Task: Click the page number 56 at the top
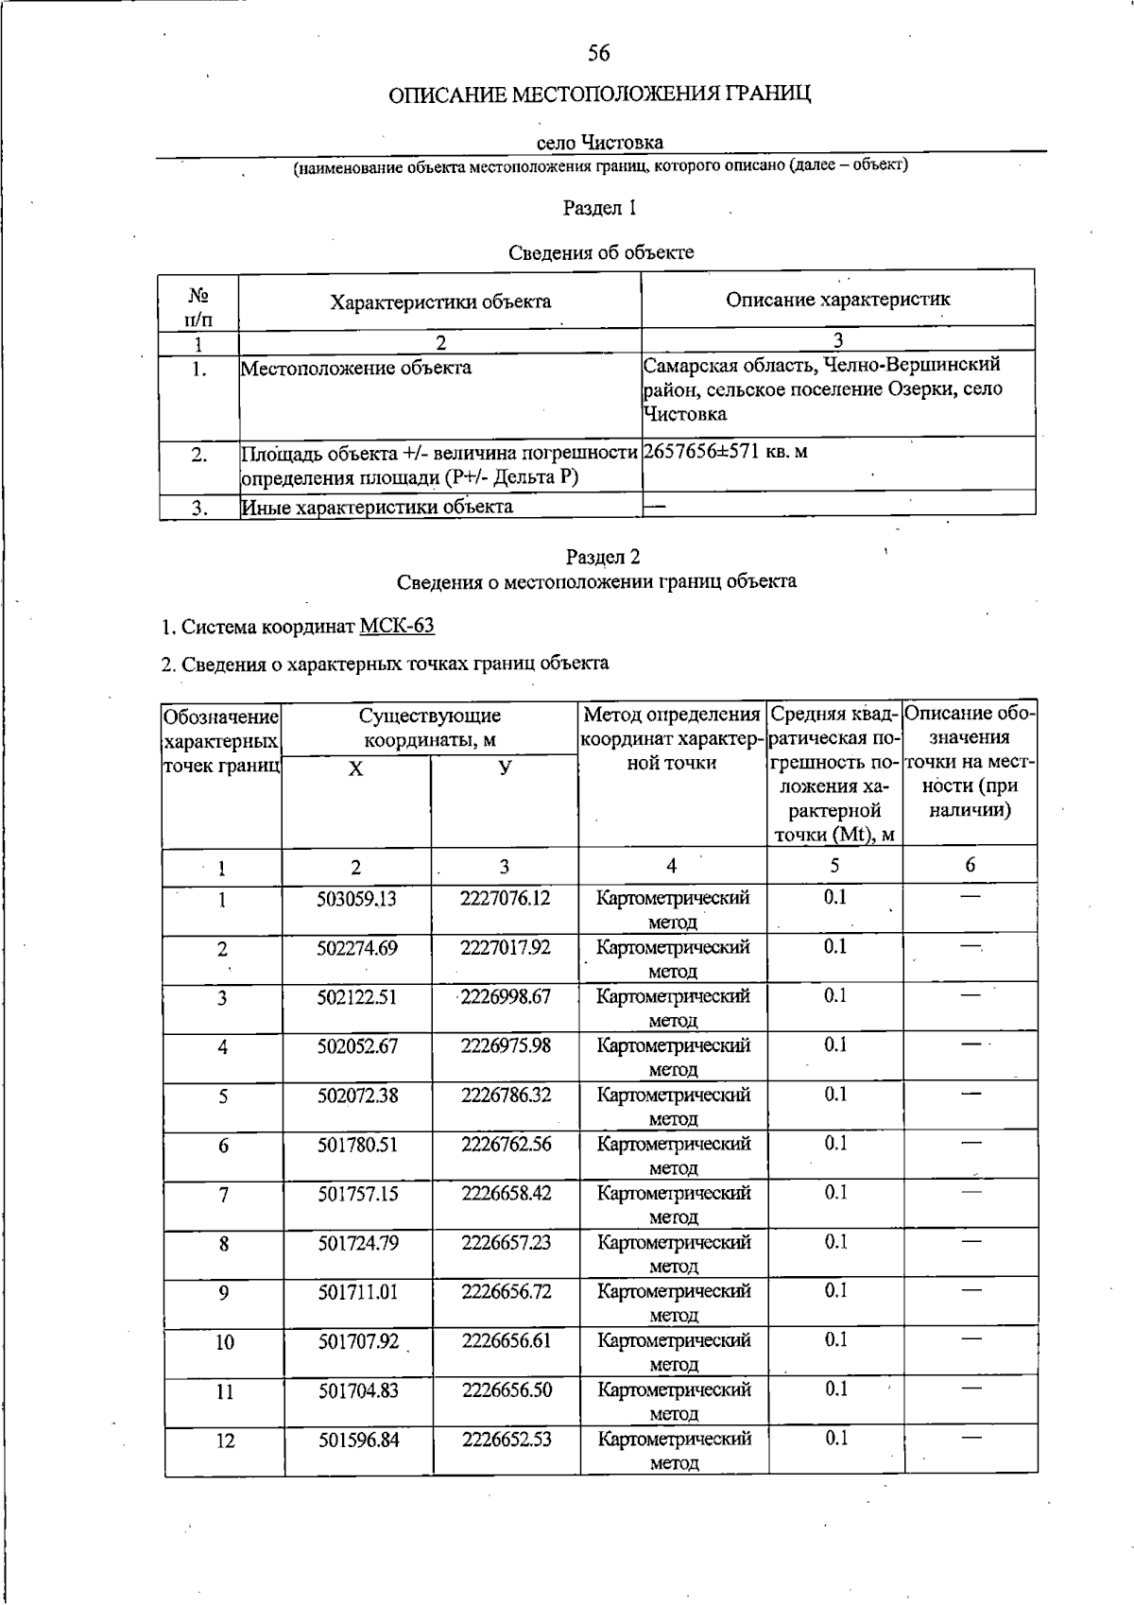pyautogui.click(x=599, y=54)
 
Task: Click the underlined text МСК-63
pyautogui.click(x=397, y=627)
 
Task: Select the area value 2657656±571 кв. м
pyautogui.click(x=726, y=452)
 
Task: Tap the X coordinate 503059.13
pyautogui.click(x=356, y=899)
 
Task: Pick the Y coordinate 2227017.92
pyautogui.click(x=505, y=947)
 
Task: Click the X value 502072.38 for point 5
pyautogui.click(x=356, y=1096)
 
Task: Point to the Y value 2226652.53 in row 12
pyautogui.click(x=507, y=1440)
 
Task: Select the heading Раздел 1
pyautogui.click(x=600, y=208)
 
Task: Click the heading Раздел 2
pyautogui.click(x=603, y=557)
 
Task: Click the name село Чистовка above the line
pyautogui.click(x=599, y=143)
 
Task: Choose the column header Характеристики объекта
pyautogui.click(x=439, y=302)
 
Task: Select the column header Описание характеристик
pyautogui.click(x=837, y=300)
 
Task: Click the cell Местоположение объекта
pyautogui.click(x=355, y=368)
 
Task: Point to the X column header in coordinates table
pyautogui.click(x=355, y=770)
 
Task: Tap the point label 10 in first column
pyautogui.click(x=224, y=1342)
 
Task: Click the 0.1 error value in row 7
pyautogui.click(x=835, y=1192)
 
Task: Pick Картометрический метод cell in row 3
pyautogui.click(x=673, y=1008)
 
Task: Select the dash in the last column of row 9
pyautogui.click(x=971, y=1289)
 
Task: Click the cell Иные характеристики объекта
pyautogui.click(x=378, y=508)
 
